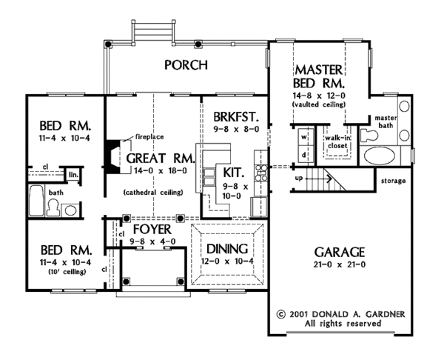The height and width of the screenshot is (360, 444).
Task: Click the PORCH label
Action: (x=186, y=65)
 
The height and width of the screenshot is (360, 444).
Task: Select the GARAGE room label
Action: (x=340, y=252)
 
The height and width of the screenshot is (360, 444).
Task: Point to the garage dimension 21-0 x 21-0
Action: (x=340, y=264)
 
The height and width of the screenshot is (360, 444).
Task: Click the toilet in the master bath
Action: (x=369, y=136)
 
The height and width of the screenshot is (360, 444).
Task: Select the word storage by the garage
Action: (x=394, y=181)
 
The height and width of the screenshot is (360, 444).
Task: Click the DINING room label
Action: (x=227, y=249)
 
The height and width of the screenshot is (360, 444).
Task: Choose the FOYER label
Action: (x=152, y=230)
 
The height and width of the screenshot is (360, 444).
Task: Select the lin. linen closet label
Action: (x=73, y=175)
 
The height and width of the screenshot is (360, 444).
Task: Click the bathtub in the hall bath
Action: (x=36, y=201)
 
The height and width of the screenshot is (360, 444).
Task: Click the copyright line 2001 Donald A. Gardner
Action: (x=341, y=314)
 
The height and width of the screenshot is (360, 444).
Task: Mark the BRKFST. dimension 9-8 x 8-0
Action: (x=236, y=130)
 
